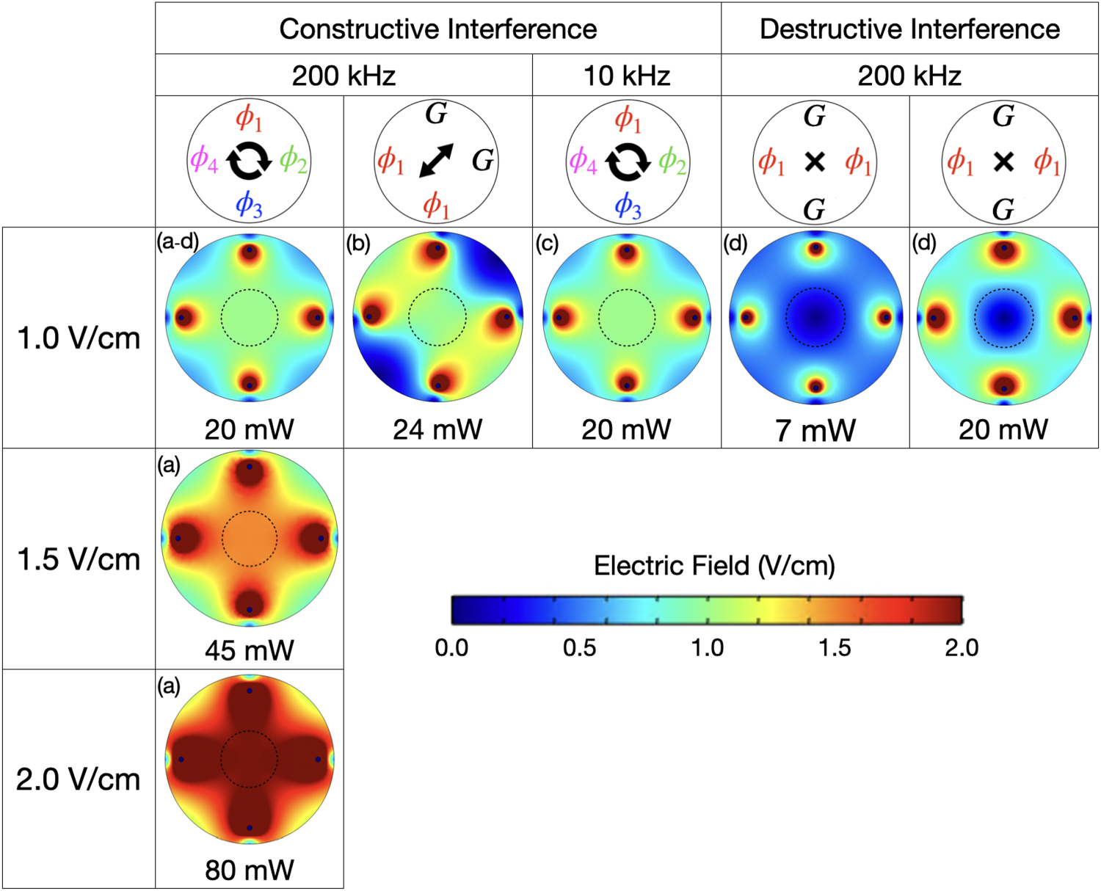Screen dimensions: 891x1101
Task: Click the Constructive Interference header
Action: click(x=437, y=29)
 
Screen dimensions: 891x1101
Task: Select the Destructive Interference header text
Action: click(x=909, y=29)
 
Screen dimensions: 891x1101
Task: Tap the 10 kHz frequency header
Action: click(x=626, y=76)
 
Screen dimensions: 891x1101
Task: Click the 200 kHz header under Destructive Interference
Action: click(x=909, y=76)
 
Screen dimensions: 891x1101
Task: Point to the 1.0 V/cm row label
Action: click(x=79, y=338)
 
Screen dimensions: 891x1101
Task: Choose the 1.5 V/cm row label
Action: click(x=79, y=559)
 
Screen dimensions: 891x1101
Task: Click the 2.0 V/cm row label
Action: click(x=79, y=779)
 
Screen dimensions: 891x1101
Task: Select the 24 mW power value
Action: click(x=437, y=429)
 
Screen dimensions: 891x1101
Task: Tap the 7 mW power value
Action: click(x=815, y=430)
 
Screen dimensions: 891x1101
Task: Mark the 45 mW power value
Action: click(x=249, y=650)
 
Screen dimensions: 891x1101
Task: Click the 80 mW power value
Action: click(x=249, y=870)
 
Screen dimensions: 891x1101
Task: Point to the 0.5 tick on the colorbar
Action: click(x=579, y=648)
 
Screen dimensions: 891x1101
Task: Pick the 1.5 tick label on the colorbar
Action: click(x=835, y=648)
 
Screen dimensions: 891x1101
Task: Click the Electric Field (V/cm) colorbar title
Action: click(x=714, y=566)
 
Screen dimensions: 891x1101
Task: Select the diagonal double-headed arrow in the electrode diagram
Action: click(x=436, y=161)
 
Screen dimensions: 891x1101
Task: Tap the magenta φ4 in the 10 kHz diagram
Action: click(x=583, y=160)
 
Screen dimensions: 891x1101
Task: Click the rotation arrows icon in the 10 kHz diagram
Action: click(x=628, y=161)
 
